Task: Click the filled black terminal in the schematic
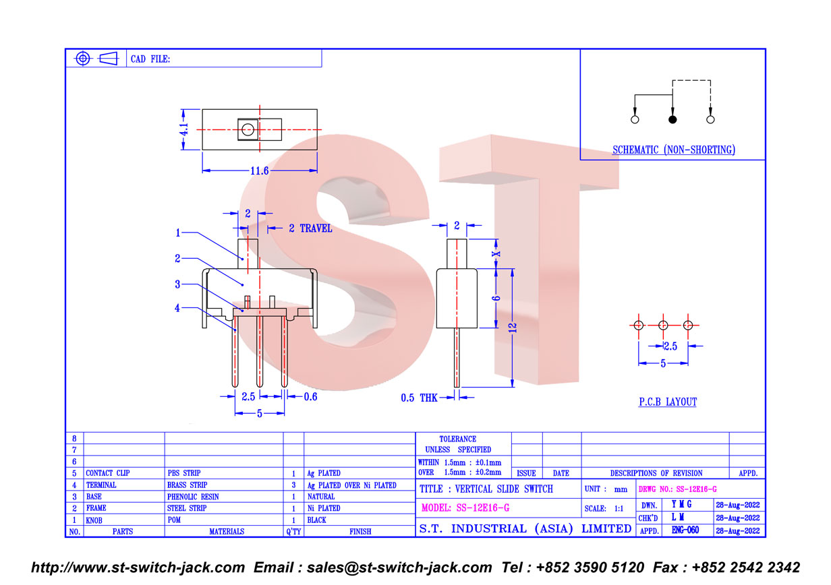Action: (x=672, y=119)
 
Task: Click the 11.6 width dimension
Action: (x=259, y=171)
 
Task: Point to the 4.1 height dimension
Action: (x=184, y=129)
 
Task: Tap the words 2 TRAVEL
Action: (x=310, y=228)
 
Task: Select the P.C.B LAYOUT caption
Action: (x=667, y=402)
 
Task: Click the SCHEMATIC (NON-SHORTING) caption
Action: (x=674, y=150)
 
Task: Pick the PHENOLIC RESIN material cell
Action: (x=193, y=497)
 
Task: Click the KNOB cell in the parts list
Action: (x=94, y=520)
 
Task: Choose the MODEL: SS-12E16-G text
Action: (x=465, y=507)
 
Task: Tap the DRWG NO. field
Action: (x=677, y=489)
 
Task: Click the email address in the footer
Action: (x=399, y=567)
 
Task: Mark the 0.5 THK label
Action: (x=419, y=398)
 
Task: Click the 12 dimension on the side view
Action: (x=513, y=328)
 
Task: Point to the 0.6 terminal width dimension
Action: (x=310, y=397)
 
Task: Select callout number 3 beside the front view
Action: (x=177, y=284)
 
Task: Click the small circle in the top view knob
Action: (x=248, y=129)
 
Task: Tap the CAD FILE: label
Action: (x=150, y=59)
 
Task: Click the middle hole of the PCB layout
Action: (x=663, y=325)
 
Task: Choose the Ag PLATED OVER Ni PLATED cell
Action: (x=351, y=485)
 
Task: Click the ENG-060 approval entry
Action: (x=685, y=530)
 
